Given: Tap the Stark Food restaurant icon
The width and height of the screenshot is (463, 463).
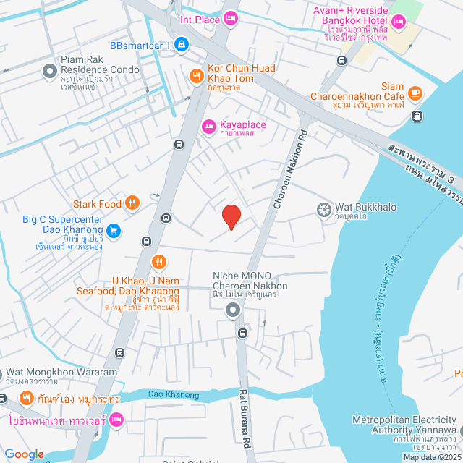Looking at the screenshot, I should [132, 203].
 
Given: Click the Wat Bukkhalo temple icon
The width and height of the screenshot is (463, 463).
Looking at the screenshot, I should [324, 210].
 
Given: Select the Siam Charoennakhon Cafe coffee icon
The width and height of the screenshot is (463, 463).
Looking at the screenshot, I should [415, 93].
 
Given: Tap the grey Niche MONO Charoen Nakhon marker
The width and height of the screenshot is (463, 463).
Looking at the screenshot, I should [233, 311].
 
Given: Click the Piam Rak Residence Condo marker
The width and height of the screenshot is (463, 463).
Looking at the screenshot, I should [50, 70].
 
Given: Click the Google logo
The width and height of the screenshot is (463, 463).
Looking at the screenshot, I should [24, 454].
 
